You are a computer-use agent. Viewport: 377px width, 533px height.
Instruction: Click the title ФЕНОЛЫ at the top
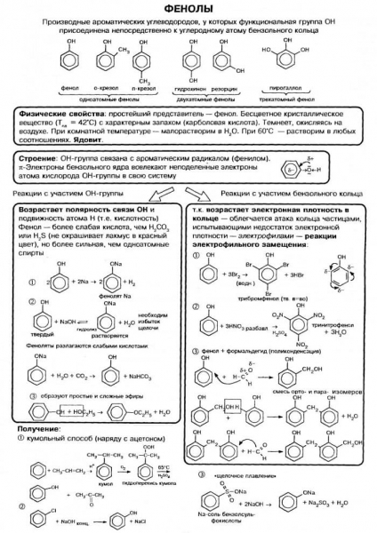coord(188,8)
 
